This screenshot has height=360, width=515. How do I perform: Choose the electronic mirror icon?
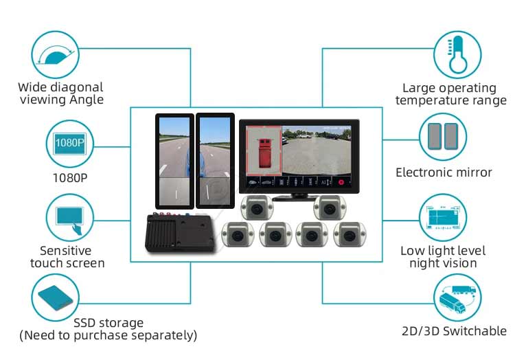tap(443, 135)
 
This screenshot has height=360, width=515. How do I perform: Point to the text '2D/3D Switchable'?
tap(454, 331)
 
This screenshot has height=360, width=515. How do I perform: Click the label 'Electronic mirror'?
tap(444, 172)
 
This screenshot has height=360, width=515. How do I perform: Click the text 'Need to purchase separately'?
tap(108, 336)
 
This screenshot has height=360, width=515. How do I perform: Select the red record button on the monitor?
tap(340, 183)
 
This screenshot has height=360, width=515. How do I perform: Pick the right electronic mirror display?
tap(216, 161)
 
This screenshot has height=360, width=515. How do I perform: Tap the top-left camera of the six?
tap(257, 207)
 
